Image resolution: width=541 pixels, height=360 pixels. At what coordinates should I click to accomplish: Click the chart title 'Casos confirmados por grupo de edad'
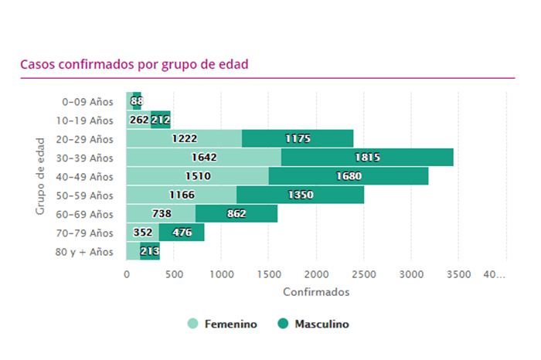pyautogui.click(x=134, y=64)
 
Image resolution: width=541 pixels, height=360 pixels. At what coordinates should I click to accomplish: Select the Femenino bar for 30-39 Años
pyautogui.click(x=203, y=158)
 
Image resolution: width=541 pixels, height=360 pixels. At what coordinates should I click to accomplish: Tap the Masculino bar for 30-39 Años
pyautogui.click(x=367, y=158)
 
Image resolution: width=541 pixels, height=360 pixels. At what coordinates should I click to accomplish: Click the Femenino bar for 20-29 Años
pyautogui.click(x=184, y=139)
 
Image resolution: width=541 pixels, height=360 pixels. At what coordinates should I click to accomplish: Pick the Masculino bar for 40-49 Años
pyautogui.click(x=348, y=176)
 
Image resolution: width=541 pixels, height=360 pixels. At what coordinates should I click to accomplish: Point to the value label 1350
pyautogui.click(x=300, y=195)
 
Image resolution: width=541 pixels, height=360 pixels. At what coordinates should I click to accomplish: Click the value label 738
pyautogui.click(x=161, y=214)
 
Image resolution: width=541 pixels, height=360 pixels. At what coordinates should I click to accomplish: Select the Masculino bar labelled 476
pyautogui.click(x=182, y=233)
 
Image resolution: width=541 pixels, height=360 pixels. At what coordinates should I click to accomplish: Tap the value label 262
pyautogui.click(x=139, y=121)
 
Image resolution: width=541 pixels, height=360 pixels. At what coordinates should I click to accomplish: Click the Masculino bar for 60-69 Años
pyautogui.click(x=236, y=214)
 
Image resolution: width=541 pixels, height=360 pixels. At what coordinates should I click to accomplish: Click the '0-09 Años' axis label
pyautogui.click(x=87, y=101)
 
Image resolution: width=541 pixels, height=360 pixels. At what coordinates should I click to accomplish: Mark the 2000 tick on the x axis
pyautogui.click(x=316, y=273)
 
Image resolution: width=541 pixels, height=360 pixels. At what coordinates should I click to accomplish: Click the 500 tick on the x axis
pyautogui.click(x=174, y=273)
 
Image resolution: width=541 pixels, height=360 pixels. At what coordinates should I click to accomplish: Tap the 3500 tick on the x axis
pyautogui.click(x=458, y=273)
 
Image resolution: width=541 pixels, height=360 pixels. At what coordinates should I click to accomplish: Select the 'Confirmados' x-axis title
pyautogui.click(x=316, y=292)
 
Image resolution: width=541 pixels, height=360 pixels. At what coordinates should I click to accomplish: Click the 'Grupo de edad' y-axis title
pyautogui.click(x=40, y=176)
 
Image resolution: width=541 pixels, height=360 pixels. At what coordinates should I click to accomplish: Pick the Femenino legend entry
pyautogui.click(x=223, y=324)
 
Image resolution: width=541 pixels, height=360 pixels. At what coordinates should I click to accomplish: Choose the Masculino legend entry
pyautogui.click(x=313, y=324)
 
